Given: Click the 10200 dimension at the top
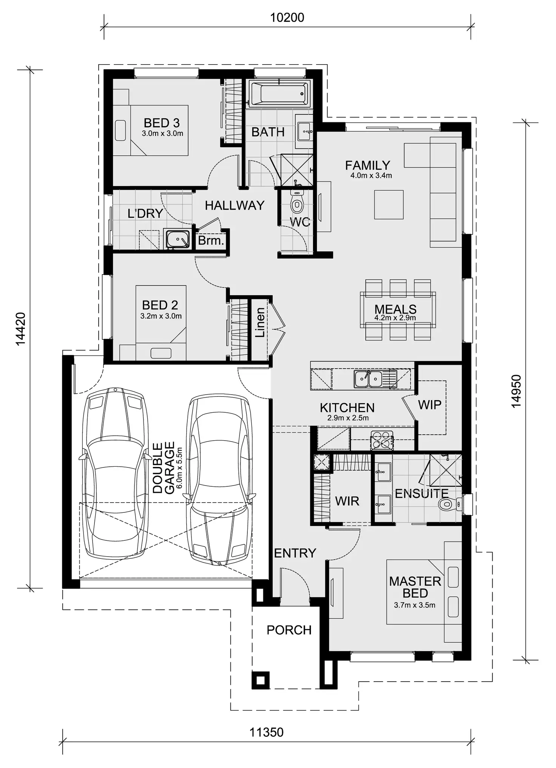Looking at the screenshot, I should [x=287, y=18].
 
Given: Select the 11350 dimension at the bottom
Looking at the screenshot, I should [x=266, y=732].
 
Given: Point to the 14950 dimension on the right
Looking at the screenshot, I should [x=516, y=391].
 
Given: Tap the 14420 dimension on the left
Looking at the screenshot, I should [x=21, y=328].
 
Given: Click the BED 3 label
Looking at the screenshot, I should [x=162, y=123].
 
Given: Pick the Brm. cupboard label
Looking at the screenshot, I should [x=211, y=241].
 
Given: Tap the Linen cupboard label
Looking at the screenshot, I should [x=260, y=322].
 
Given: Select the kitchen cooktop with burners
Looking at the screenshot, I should [x=381, y=440].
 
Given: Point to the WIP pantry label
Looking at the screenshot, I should [x=429, y=405].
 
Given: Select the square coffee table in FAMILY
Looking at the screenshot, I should [x=389, y=204].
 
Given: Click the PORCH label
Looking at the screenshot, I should [x=289, y=630].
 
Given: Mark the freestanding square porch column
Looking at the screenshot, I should [x=261, y=680].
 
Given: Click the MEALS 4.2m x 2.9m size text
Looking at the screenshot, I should [x=395, y=318].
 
